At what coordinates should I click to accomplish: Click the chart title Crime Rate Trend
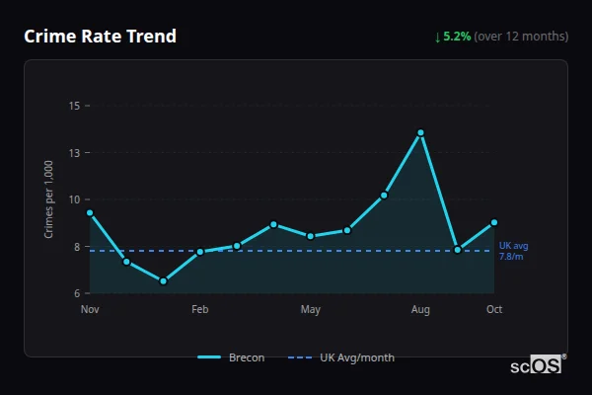[x=100, y=37]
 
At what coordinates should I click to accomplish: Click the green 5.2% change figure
[x=457, y=37]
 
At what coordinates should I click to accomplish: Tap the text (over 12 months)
[x=521, y=37]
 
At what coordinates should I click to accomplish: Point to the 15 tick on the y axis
[x=74, y=105]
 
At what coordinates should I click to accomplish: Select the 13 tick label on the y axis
[x=74, y=152]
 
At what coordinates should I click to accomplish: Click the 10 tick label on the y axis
[x=74, y=199]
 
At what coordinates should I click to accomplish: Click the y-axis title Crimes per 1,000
[x=49, y=198]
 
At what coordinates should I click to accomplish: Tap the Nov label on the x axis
[x=90, y=310]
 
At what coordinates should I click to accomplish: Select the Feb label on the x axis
[x=200, y=310]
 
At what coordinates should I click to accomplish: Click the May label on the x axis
[x=311, y=310]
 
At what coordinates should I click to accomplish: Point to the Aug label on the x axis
[x=420, y=310]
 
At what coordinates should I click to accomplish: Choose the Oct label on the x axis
[x=494, y=310]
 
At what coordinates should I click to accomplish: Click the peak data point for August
[x=420, y=132]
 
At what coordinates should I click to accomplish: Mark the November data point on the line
[x=90, y=212]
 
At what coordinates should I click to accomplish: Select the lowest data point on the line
[x=163, y=281]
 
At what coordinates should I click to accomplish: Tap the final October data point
[x=494, y=222]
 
